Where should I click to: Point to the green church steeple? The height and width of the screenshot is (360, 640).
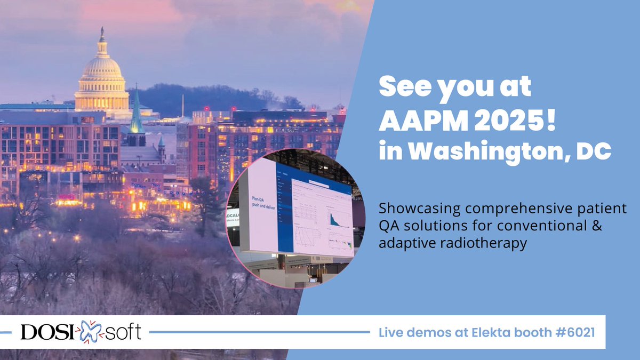pos(137,115)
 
